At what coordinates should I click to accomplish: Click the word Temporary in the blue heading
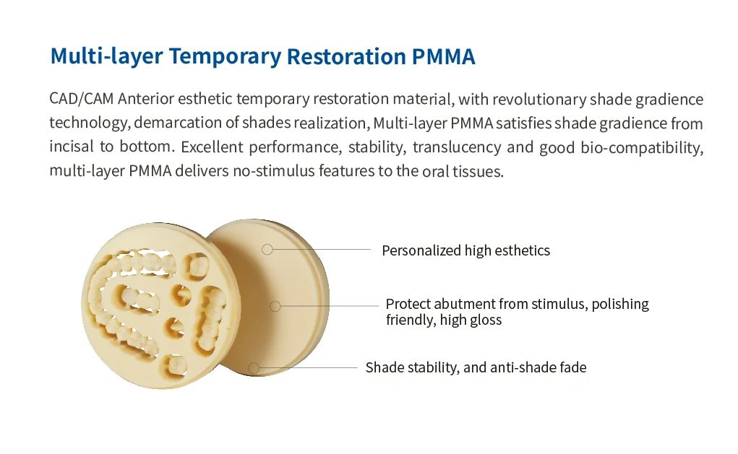(225, 57)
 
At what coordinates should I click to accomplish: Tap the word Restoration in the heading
(346, 56)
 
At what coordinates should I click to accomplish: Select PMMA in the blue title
(443, 56)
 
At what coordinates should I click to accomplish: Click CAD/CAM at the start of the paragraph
(82, 99)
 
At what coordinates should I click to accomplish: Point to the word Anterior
(146, 99)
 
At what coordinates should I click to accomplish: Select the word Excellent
(212, 147)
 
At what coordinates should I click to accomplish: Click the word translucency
(457, 147)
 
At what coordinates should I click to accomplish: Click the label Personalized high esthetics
(465, 250)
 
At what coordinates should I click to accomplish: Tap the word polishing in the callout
(620, 304)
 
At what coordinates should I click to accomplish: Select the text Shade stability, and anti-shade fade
(476, 367)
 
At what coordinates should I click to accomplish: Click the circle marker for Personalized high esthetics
(267, 250)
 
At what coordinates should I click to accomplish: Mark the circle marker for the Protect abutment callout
(275, 307)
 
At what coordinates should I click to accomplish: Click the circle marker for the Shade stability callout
(254, 367)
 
